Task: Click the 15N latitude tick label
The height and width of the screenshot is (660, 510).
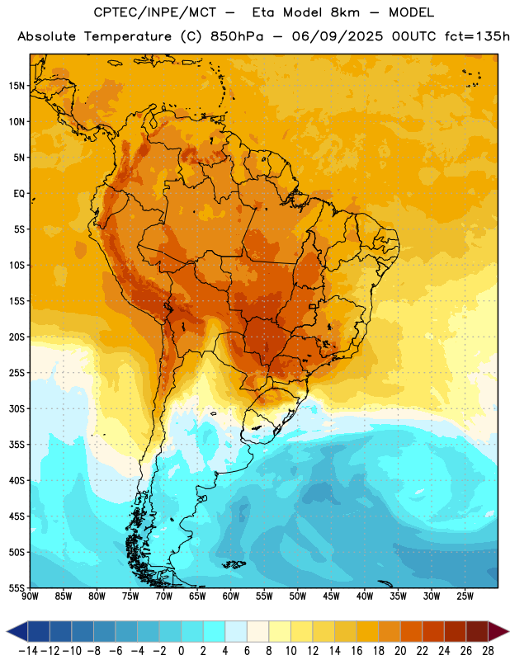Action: click(17, 86)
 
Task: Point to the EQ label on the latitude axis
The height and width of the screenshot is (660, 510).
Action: click(19, 194)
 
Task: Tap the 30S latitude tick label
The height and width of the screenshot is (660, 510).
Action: click(17, 408)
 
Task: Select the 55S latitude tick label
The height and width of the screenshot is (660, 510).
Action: click(17, 587)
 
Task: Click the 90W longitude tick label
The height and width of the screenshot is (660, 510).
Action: click(30, 596)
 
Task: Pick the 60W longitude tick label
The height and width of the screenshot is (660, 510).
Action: click(231, 596)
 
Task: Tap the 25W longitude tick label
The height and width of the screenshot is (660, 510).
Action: click(465, 596)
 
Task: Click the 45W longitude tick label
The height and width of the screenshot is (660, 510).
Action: click(331, 596)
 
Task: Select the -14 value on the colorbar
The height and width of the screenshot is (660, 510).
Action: click(29, 651)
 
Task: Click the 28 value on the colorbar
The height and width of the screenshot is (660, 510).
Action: click(488, 651)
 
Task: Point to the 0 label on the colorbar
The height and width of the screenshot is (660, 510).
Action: click(182, 651)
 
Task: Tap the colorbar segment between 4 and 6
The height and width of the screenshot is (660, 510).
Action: click(236, 631)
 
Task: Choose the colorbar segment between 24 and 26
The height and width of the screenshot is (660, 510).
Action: click(456, 631)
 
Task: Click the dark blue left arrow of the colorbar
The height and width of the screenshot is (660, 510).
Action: click(17, 631)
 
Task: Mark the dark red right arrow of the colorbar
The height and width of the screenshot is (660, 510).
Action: click(499, 631)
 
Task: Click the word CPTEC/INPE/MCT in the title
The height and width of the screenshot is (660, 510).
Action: click(155, 12)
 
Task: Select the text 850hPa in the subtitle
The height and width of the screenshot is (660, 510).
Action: click(237, 36)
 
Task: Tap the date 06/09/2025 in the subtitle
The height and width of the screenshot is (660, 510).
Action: click(338, 36)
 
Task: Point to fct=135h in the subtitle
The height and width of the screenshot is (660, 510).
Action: click(477, 36)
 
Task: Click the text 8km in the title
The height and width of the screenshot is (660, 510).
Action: click(345, 12)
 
